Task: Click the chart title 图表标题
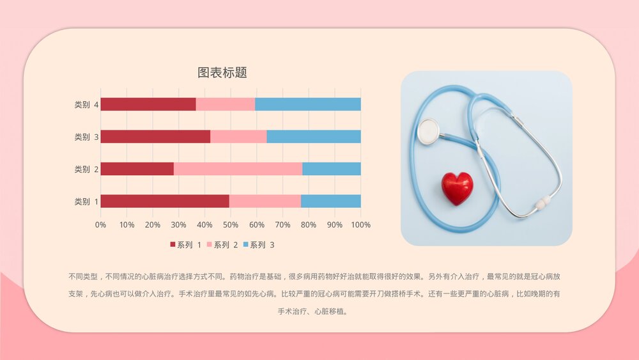coord(222,73)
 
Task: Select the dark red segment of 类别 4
coord(148,104)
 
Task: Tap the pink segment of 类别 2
coord(238,169)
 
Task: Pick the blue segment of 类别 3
coord(313,136)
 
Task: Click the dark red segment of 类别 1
coord(165,201)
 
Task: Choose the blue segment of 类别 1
coord(330,201)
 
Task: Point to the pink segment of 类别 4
coord(226,104)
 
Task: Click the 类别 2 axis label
coord(86,169)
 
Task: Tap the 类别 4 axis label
coord(86,105)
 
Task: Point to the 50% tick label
coord(231,225)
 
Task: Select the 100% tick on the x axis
coord(361,225)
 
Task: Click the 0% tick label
coord(100,225)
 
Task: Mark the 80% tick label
coord(309,225)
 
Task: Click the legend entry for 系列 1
coord(186,245)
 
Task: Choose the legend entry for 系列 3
coord(259,245)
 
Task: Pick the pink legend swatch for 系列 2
coord(210,245)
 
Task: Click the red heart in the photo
coord(458,188)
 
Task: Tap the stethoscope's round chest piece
coord(428,131)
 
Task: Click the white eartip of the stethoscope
coord(543,203)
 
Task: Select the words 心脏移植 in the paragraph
coord(331,312)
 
